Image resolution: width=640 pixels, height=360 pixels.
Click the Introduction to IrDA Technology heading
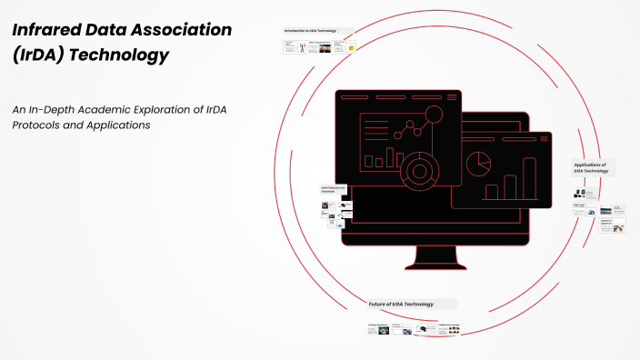(310, 30)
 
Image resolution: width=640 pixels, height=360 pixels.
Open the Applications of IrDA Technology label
(590, 167)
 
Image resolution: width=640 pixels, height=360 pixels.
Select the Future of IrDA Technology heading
(401, 304)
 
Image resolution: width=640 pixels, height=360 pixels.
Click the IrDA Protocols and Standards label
(334, 190)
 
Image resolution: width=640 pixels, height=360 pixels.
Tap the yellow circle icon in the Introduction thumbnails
(351, 47)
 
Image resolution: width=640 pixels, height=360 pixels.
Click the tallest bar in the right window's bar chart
(529, 177)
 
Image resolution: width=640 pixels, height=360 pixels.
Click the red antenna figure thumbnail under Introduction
(302, 47)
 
